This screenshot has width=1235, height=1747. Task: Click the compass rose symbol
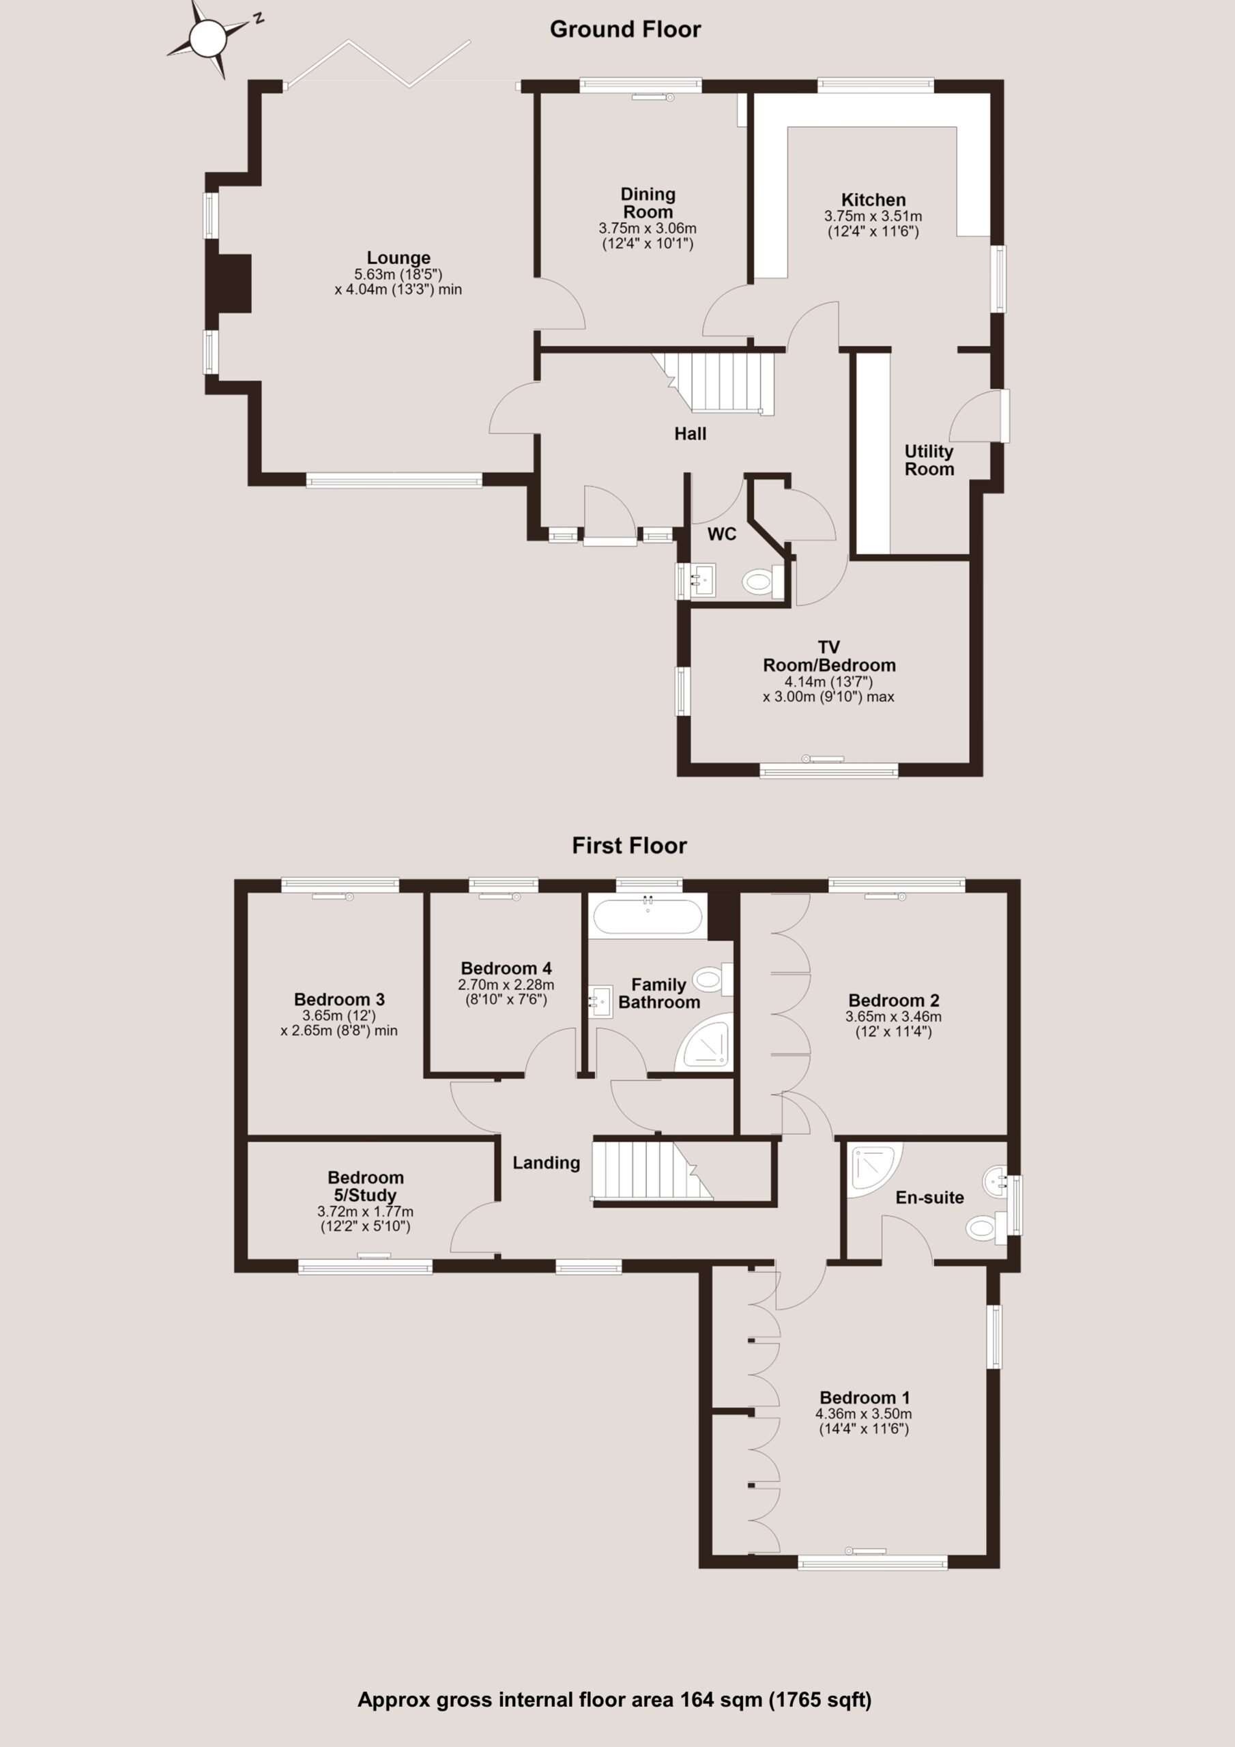point(207,39)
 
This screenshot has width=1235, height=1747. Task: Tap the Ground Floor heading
point(625,29)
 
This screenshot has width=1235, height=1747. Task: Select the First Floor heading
point(629,846)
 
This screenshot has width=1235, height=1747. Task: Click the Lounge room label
point(398,258)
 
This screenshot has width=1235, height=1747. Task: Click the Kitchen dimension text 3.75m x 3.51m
point(873,217)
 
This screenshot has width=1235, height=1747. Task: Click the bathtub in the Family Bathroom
point(648,917)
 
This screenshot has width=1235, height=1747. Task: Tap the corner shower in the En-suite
point(874,1172)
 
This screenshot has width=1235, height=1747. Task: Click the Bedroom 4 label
point(506,968)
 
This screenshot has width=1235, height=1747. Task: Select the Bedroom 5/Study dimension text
point(365,1219)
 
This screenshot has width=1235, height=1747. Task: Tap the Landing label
point(547,1164)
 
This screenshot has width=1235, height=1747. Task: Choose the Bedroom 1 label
point(864,1398)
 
